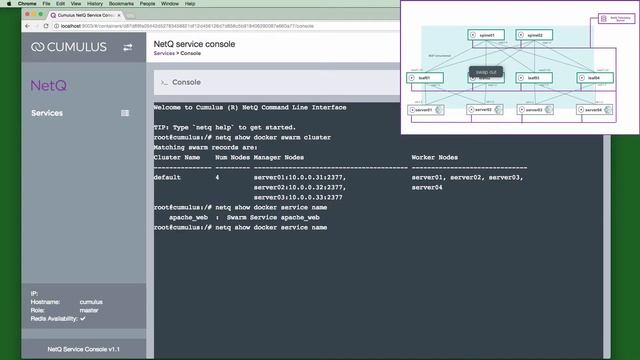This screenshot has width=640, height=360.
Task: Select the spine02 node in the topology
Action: point(534,35)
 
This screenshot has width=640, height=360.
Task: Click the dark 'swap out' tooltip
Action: point(485,72)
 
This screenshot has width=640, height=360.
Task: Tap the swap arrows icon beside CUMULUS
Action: point(127,47)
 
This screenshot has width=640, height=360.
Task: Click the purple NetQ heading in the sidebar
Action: point(48,87)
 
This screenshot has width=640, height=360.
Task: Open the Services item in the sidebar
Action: point(46,113)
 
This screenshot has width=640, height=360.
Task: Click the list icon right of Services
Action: point(125,113)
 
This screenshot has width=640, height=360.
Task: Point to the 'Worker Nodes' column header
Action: point(434,158)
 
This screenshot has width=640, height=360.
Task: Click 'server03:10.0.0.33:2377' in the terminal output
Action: point(298,197)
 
